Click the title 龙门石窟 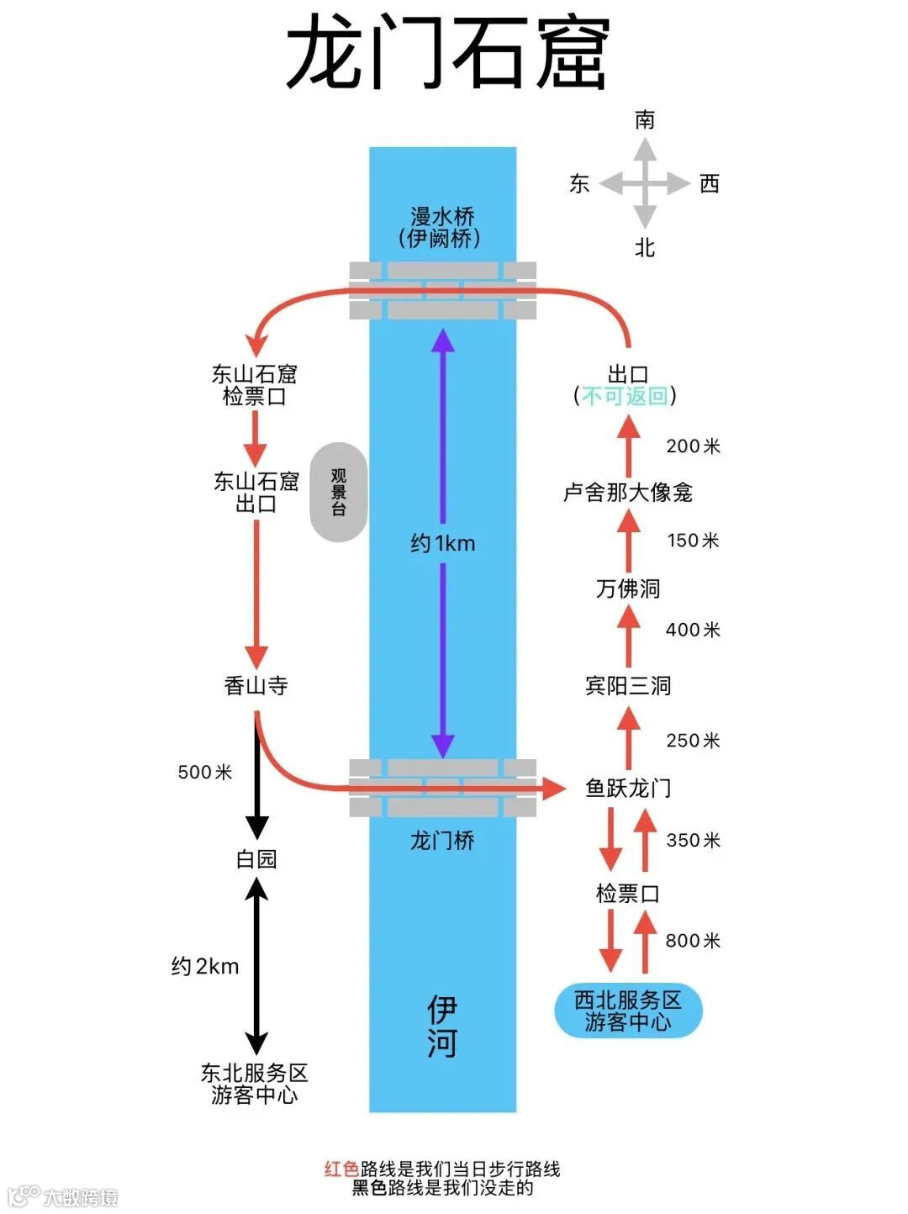(x=447, y=52)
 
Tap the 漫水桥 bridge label (x=442, y=218)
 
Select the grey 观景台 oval (x=339, y=492)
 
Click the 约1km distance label (x=443, y=544)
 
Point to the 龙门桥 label (x=442, y=840)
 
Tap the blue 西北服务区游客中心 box (x=628, y=1011)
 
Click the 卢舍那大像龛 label (x=628, y=493)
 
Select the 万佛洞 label (x=628, y=589)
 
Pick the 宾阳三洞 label (x=628, y=686)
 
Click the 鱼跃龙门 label (x=628, y=789)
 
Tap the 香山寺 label (x=256, y=686)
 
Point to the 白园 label (x=256, y=859)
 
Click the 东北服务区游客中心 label (x=255, y=1084)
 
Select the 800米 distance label (x=693, y=941)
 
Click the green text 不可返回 (x=625, y=396)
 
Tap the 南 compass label (x=645, y=119)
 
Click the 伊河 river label (x=442, y=1027)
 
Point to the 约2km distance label (x=205, y=966)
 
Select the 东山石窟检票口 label (x=255, y=385)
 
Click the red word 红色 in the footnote (x=342, y=1169)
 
